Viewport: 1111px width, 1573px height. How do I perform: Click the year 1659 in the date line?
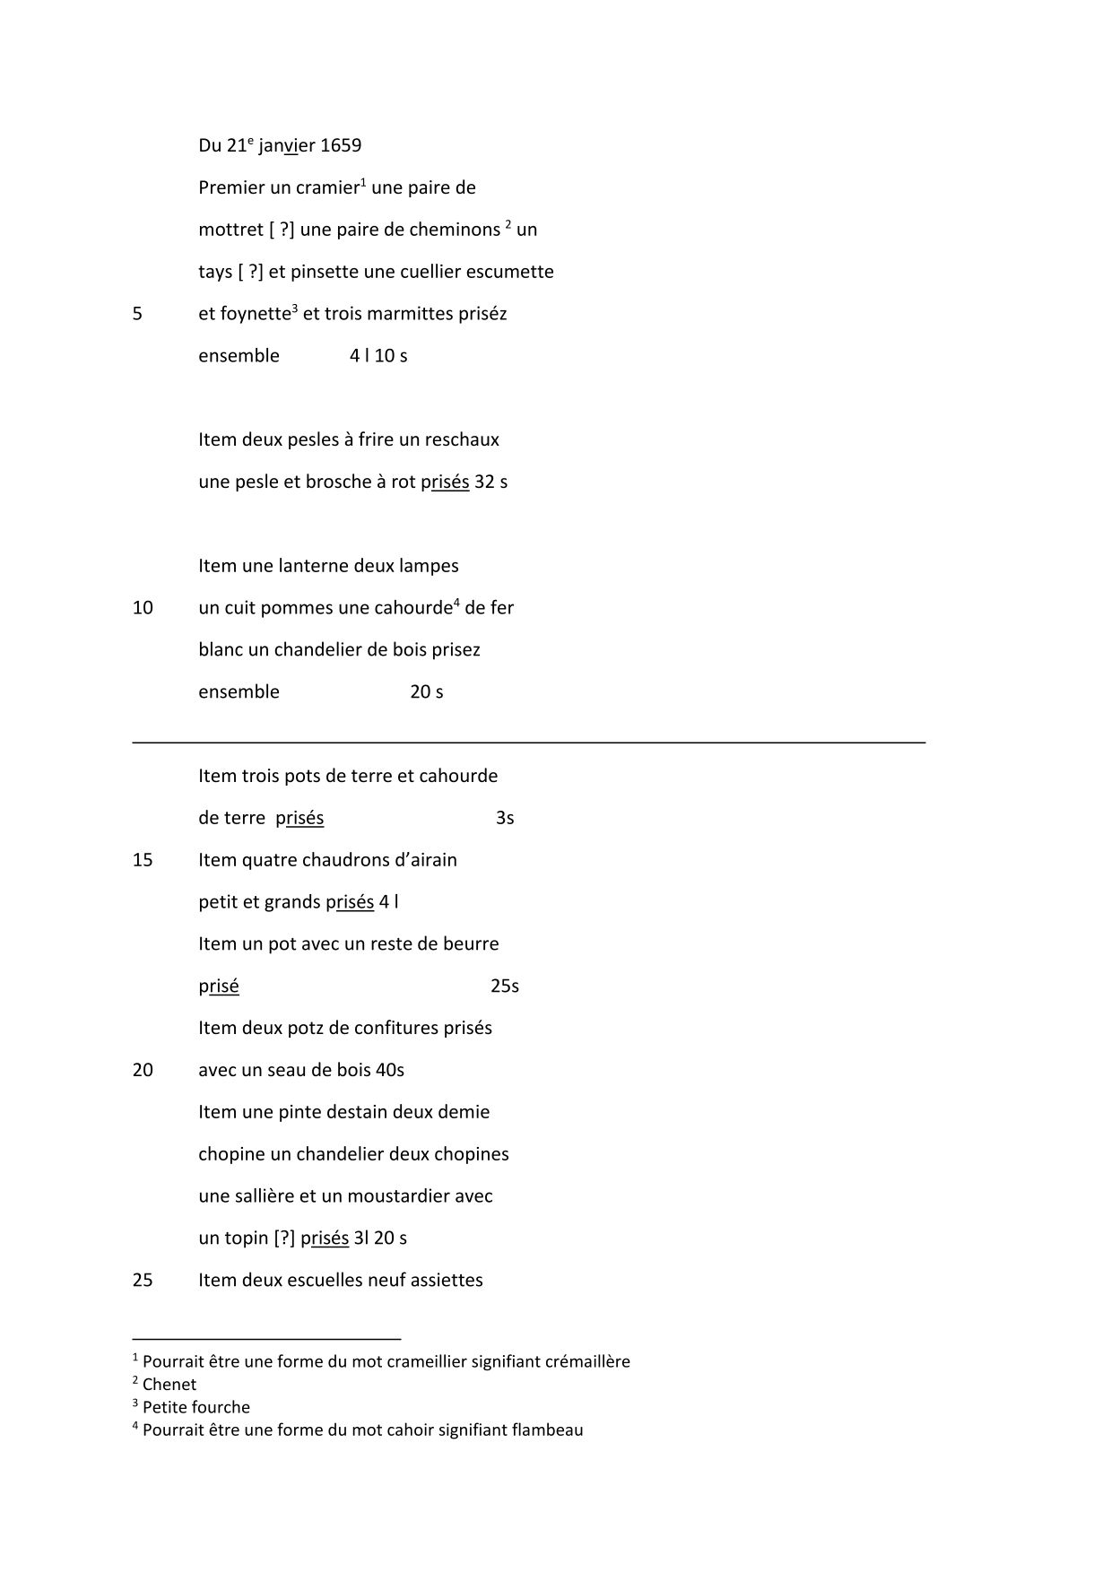coord(341,145)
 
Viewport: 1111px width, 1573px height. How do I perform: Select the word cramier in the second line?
coord(327,188)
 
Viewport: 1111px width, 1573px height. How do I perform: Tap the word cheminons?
coord(455,230)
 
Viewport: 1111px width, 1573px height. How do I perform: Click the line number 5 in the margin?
coord(137,314)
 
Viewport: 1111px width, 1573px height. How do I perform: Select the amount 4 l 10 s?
coord(378,356)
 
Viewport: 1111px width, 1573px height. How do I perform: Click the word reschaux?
coord(462,440)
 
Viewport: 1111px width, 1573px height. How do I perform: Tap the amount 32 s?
coord(490,482)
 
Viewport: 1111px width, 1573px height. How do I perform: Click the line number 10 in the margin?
coord(143,608)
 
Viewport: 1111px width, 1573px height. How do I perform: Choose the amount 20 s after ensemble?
coord(427,692)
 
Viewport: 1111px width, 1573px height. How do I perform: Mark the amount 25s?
coord(505,986)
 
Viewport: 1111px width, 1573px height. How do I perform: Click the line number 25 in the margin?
coord(143,1281)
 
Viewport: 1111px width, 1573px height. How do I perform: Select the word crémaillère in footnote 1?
coord(586,1361)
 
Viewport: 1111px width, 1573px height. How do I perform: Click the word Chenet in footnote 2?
coord(169,1385)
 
